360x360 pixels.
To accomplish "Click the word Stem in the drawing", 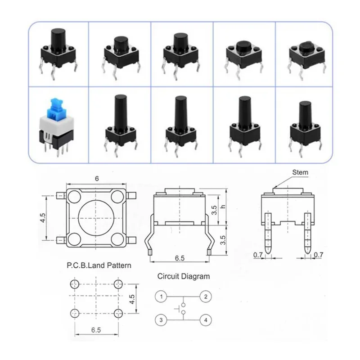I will tap(301, 172).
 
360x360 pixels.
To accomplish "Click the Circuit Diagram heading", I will tap(183, 276).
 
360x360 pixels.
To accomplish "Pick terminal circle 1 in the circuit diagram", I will tap(160, 297).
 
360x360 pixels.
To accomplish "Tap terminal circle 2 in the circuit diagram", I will tap(206, 297).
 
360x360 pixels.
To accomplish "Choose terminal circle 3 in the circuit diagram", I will tap(160, 320).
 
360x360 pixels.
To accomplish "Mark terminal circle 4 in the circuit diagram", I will tap(206, 320).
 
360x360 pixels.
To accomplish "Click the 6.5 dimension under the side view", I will tap(179, 258).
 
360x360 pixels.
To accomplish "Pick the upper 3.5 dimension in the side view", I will tap(215, 210).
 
